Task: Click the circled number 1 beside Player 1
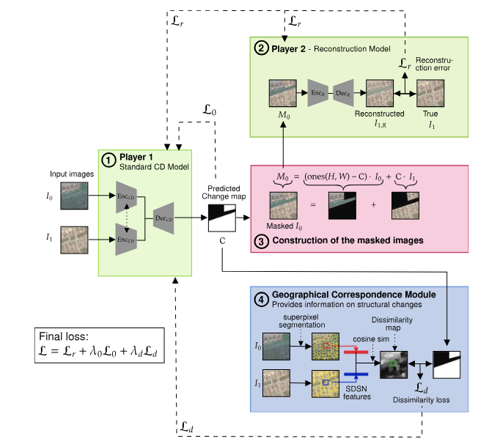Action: tap(108, 160)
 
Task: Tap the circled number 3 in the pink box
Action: tap(261, 240)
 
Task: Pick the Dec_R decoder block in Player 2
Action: tap(343, 95)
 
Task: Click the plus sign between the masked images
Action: tap(372, 206)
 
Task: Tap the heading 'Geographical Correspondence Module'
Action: tap(353, 295)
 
